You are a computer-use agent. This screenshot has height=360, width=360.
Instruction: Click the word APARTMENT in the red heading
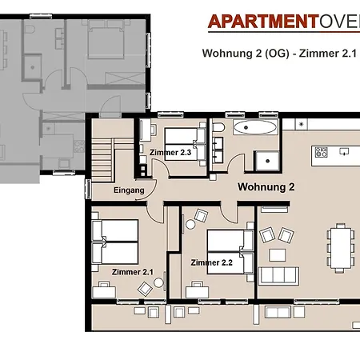pyautogui.click(x=258, y=22)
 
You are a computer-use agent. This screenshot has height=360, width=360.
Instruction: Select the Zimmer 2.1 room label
pyautogui.click(x=133, y=272)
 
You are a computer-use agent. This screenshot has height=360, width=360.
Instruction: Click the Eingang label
pyautogui.click(x=129, y=190)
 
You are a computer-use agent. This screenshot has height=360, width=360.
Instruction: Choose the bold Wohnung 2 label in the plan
pyautogui.click(x=266, y=187)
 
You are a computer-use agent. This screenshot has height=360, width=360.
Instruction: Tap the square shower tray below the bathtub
pyautogui.click(x=266, y=158)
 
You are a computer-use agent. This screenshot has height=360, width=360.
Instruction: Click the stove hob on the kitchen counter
pyautogui.click(x=322, y=151)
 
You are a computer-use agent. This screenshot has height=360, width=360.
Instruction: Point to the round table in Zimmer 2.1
pyautogui.click(x=158, y=282)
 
